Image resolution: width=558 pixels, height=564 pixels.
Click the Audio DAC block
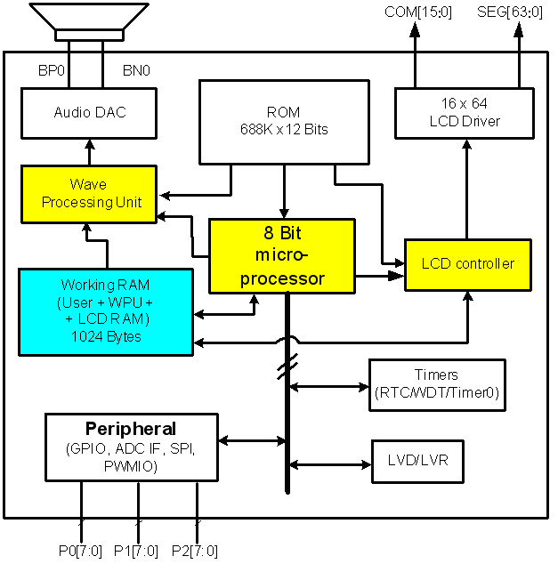[x=88, y=113]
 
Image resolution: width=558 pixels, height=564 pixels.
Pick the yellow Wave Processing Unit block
[x=88, y=193]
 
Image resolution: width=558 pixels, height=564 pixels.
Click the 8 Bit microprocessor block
[x=282, y=255]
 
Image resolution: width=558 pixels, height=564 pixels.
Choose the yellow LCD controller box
[x=467, y=264]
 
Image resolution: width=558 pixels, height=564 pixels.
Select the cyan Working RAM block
[x=106, y=311]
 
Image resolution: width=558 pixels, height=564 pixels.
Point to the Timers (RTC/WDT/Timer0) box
[x=437, y=384]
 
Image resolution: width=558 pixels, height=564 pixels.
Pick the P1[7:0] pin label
[x=137, y=551]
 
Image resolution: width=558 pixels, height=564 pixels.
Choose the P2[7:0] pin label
[x=194, y=551]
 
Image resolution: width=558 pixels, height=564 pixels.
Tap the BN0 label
[x=135, y=69]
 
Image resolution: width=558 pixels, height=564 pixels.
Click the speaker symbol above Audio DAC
[x=89, y=21]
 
